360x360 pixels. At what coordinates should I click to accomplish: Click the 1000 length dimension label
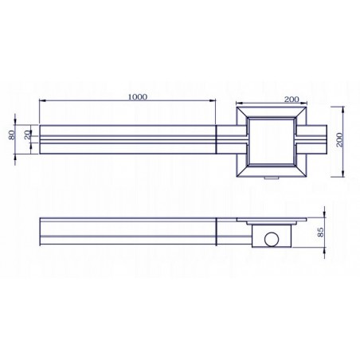(136, 96)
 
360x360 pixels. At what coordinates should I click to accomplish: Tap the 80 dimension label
(13, 135)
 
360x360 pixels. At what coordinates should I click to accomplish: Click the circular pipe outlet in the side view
(271, 237)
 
